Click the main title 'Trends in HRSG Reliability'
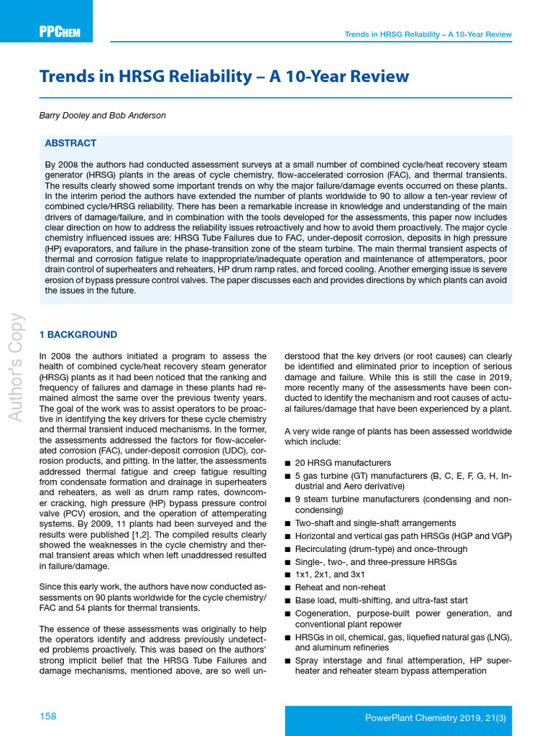[x=224, y=77]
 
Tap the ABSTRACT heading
[x=70, y=143]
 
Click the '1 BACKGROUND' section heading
[x=78, y=335]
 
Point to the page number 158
[x=47, y=717]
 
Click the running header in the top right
[x=428, y=34]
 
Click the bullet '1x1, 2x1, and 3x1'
[x=330, y=574]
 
